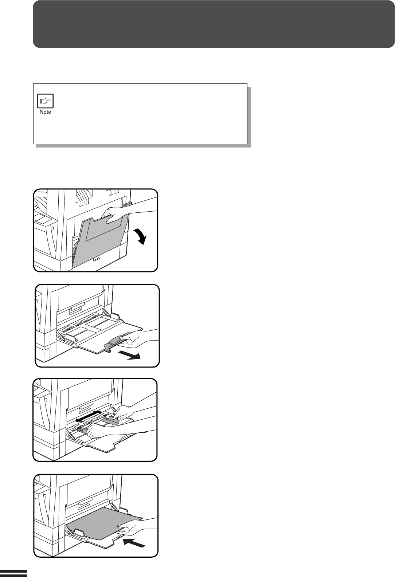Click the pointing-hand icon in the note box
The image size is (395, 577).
[x=45, y=101]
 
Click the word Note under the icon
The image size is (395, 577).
[x=45, y=112]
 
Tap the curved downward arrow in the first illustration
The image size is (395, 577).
[x=140, y=236]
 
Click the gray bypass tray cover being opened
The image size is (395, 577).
[x=101, y=242]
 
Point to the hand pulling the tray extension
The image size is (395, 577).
[x=139, y=339]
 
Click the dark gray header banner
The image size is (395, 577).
[x=214, y=24]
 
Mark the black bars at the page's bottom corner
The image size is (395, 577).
[x=13, y=573]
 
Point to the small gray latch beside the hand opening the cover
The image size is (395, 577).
[x=127, y=204]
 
